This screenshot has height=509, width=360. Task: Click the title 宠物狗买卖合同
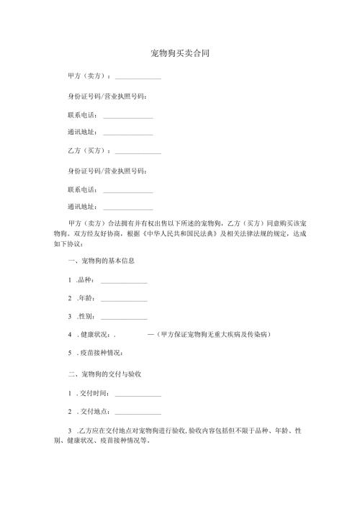180,54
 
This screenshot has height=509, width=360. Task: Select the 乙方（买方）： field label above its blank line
88,151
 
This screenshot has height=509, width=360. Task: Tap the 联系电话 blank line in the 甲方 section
128,115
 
